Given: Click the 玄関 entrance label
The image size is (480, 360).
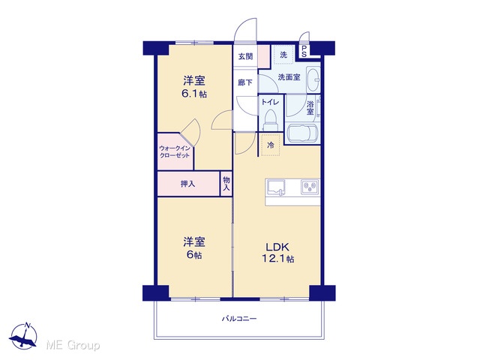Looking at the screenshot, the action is pos(245,57).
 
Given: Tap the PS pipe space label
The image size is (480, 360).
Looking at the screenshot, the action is pos(304,52).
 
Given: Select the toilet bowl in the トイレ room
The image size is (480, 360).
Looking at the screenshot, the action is pos(270,120).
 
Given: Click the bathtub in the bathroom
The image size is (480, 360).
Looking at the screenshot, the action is pos(302,133).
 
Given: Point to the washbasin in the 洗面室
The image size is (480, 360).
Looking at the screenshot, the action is pos(313,79).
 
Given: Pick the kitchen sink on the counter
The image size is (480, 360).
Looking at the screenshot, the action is pos(276,187).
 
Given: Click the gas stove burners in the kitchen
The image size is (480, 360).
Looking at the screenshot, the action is pos(310,187).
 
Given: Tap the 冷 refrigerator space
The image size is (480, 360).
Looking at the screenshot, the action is pos(271,145).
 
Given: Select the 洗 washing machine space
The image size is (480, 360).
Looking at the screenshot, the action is pos(283,55).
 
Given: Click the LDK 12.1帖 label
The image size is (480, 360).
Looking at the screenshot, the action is pos(277,253).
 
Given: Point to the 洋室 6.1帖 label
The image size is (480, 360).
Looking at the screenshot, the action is pos(194,87).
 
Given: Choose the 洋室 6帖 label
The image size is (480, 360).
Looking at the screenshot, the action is pos(194,248).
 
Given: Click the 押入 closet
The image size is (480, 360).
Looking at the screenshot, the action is pos(188,184).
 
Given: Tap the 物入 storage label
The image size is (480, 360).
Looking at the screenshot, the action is pos(226,184).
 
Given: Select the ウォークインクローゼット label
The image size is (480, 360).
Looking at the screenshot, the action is pos(175,151).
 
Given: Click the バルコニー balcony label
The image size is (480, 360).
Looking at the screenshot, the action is pos(239,319).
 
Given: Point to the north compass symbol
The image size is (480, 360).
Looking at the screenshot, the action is pos(23,336).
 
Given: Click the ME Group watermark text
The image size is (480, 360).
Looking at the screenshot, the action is pos(73,346).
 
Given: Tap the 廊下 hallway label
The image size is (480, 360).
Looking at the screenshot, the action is pos(245,82).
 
